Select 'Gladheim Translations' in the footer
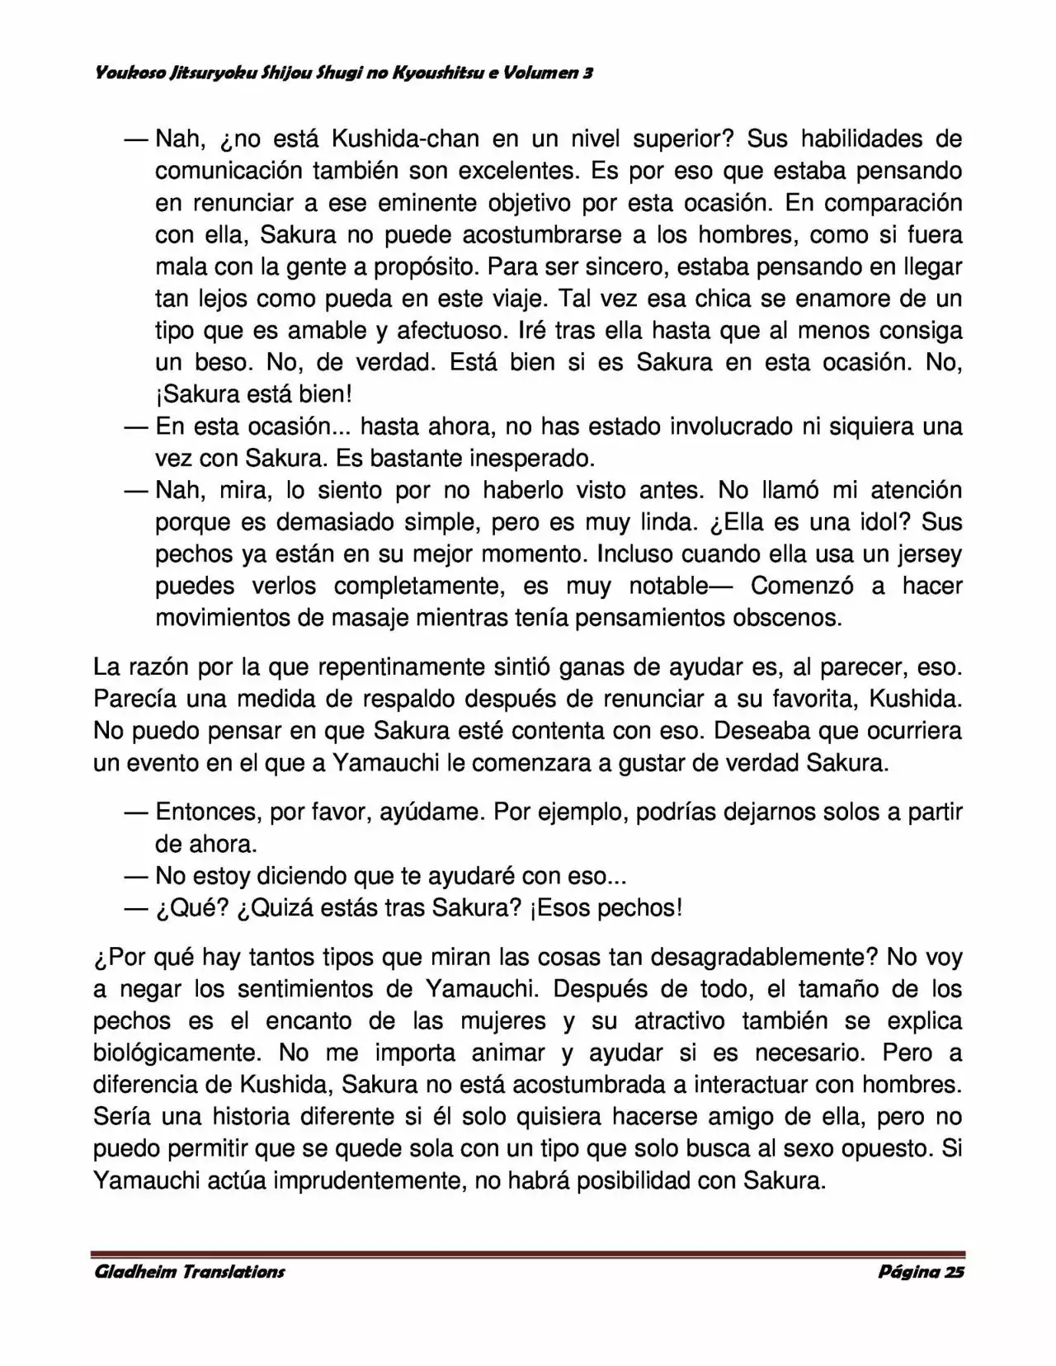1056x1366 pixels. tap(190, 1271)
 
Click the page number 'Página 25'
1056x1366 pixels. tap(921, 1271)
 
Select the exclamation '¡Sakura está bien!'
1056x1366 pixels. tap(253, 394)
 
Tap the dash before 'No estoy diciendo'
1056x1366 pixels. tap(135, 876)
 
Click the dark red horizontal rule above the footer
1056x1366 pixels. tap(528, 1254)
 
